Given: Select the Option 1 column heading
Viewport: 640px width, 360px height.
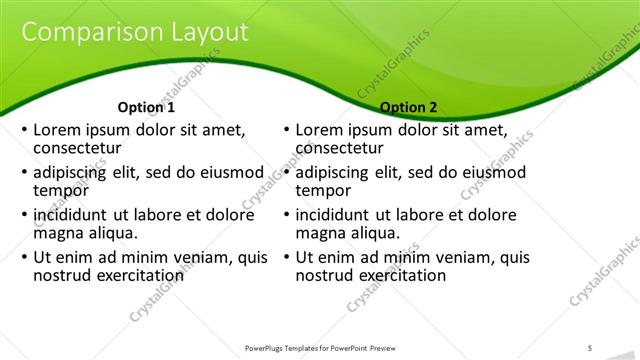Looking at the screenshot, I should click(146, 107).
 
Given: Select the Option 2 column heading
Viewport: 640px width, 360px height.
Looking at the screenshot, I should click(408, 107).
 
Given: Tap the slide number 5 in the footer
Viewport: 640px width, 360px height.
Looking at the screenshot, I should click(590, 347).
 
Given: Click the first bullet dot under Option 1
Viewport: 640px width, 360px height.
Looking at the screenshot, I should click(24, 131).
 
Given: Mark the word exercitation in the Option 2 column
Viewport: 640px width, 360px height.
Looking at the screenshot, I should click(400, 274).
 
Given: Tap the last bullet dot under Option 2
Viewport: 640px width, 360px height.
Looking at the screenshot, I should click(287, 257).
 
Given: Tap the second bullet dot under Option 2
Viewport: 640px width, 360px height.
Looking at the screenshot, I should click(287, 173).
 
